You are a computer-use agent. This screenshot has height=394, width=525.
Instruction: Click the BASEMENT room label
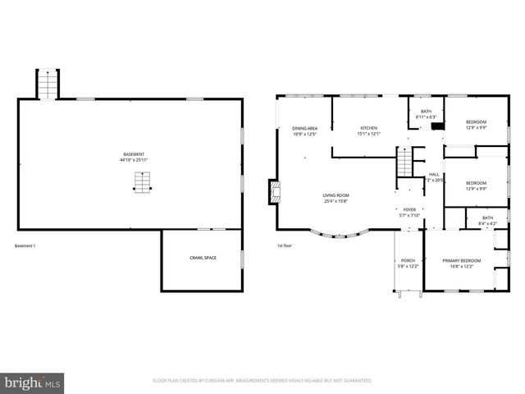(x=132, y=154)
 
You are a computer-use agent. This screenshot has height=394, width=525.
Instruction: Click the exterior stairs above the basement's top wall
(x=48, y=85)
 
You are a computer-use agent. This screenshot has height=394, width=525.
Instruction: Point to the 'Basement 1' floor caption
(x=25, y=245)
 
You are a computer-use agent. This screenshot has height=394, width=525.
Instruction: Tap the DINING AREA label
(x=304, y=129)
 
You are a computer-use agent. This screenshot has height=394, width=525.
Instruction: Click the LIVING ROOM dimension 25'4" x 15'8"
(x=337, y=202)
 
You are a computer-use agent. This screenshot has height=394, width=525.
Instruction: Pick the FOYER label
(x=409, y=209)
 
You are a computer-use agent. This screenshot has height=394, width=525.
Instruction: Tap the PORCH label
(x=408, y=261)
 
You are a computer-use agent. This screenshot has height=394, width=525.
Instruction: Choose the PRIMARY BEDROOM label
(x=462, y=261)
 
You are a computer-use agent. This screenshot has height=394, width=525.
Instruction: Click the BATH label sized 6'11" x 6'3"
(x=426, y=112)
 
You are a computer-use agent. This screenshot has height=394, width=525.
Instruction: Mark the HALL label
(x=434, y=175)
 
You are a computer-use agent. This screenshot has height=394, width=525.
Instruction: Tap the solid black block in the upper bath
(x=438, y=126)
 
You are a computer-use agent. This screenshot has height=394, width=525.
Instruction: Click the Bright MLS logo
(x=33, y=383)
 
